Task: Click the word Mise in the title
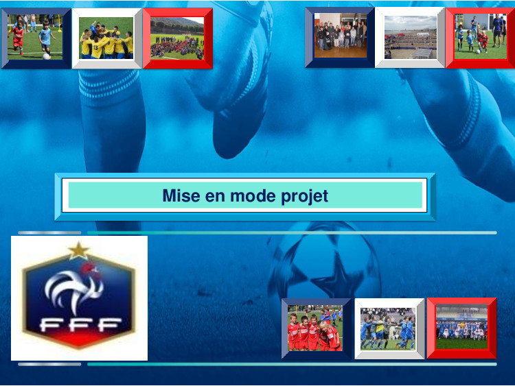tap(181, 196)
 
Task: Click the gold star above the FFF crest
tap(78, 250)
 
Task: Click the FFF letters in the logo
tap(80, 325)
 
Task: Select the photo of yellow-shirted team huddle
tap(106, 38)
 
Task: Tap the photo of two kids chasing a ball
tap(35, 37)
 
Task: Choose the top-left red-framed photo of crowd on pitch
tap(177, 38)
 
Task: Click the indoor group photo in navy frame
tap(341, 36)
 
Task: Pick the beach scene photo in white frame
tap(411, 38)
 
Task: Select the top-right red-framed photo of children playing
tap(481, 36)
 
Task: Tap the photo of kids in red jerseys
tap(315, 328)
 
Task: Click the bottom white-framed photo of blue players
tap(388, 329)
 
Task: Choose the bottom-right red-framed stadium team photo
tap(462, 326)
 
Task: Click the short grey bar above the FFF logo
tap(49, 233)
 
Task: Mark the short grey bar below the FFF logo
tap(49, 364)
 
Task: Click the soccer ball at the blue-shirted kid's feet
tap(46, 56)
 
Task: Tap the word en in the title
tap(215, 197)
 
